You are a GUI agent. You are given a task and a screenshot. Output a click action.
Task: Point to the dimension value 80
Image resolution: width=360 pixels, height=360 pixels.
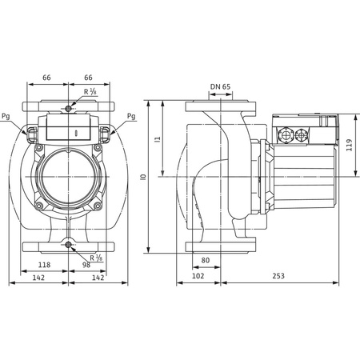pyautogui.click(x=206, y=259)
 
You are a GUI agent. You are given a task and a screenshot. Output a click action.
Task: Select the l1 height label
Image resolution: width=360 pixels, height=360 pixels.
pyautogui.click(x=158, y=139)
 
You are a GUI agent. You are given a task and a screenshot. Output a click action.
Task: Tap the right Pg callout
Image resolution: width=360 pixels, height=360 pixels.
pyautogui.click(x=131, y=115)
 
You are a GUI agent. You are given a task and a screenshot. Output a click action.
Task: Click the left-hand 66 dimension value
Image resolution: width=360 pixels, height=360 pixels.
pyautogui.click(x=46, y=78)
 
